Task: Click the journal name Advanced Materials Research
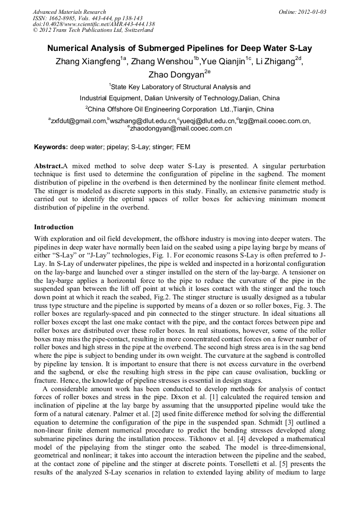pyautogui.click(x=69, y=12)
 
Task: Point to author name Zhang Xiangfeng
pyautogui.click(x=87, y=61)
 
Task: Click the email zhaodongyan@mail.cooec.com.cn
pyautogui.click(x=181, y=128)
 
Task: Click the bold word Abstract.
pyautogui.click(x=48, y=166)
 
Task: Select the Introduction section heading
pyautogui.click(x=54, y=227)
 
